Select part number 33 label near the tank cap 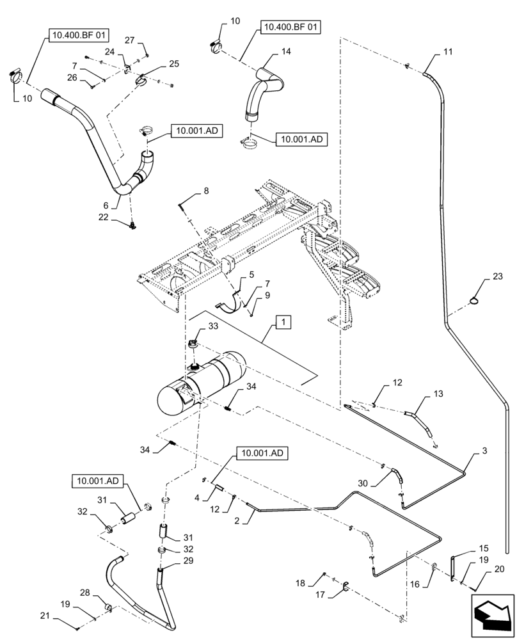(x=213, y=327)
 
